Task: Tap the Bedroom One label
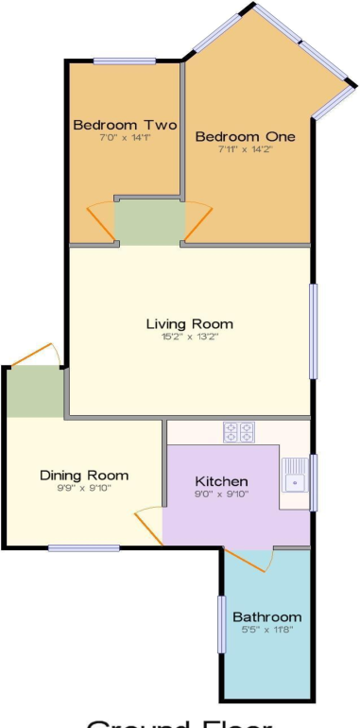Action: click(245, 136)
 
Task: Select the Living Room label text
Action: click(189, 323)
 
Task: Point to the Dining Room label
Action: click(84, 475)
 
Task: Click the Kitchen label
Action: click(221, 480)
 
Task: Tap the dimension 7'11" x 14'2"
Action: click(245, 149)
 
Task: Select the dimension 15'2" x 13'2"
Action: click(189, 337)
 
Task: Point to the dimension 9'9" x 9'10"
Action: click(84, 488)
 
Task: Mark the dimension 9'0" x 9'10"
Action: click(221, 493)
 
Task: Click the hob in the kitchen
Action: click(240, 432)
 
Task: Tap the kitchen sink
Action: click(295, 476)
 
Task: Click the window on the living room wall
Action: click(314, 331)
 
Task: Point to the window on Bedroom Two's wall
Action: click(125, 62)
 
